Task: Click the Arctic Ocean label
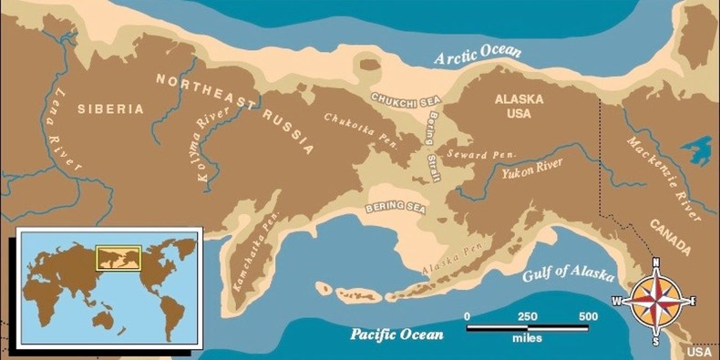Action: pyautogui.click(x=478, y=54)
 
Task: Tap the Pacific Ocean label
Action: pyautogui.click(x=397, y=334)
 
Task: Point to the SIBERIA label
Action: pyautogui.click(x=110, y=108)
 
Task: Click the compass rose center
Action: pyautogui.click(x=656, y=302)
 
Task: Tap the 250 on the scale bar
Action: pyautogui.click(x=527, y=316)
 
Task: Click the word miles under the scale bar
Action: pyautogui.click(x=527, y=338)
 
